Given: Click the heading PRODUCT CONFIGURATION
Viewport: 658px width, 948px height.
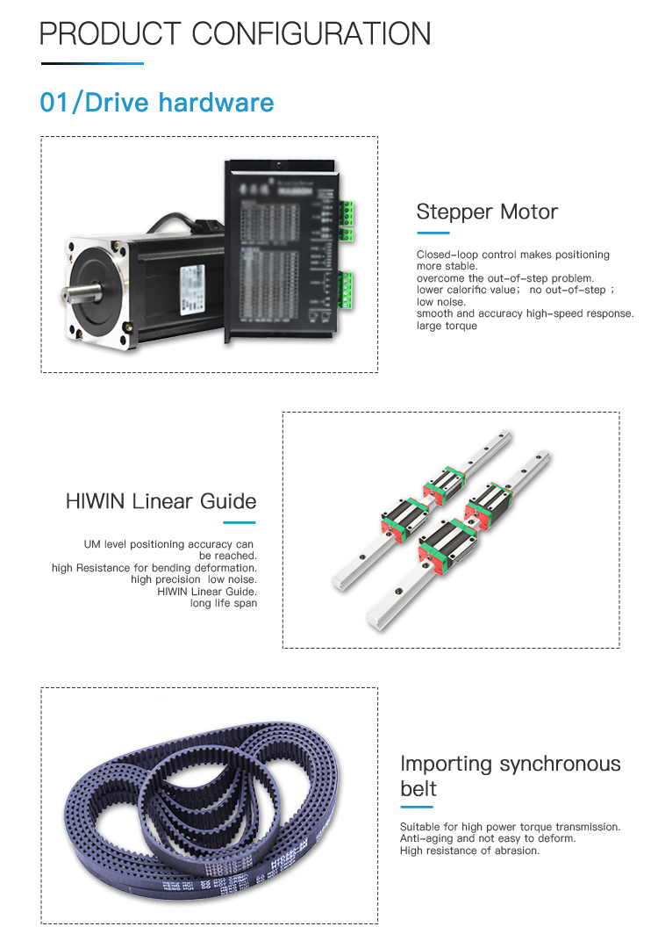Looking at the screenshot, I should point(235,33).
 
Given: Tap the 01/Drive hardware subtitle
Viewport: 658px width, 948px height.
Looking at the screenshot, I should point(157,103).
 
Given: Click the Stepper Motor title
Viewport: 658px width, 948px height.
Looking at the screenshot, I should point(487,212).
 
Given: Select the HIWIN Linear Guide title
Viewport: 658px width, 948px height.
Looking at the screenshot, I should point(161,501).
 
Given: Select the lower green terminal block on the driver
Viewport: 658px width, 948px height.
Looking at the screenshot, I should point(347,290).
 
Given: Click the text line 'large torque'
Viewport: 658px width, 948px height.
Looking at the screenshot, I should point(447,326).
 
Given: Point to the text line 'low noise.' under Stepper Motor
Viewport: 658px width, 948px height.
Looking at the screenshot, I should point(441,302).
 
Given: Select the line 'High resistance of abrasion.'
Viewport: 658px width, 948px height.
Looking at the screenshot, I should point(469,851).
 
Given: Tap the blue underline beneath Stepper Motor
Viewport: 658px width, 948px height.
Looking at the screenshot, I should point(433,233).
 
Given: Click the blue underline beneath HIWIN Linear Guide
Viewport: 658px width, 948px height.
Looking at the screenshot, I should point(239,522).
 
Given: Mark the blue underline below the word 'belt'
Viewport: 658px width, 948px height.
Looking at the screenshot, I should point(417,807).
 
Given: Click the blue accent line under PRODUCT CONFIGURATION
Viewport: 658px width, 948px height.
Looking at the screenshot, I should point(92,63).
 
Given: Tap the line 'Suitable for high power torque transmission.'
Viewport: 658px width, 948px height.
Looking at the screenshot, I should point(510,827).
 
